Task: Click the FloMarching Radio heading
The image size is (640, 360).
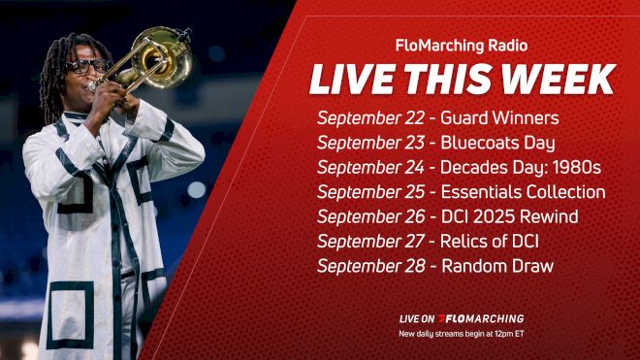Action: click(x=461, y=46)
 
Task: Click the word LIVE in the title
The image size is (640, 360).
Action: click(x=348, y=80)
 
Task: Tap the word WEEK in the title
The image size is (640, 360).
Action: click(x=565, y=80)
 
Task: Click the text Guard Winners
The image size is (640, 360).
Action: click(x=499, y=119)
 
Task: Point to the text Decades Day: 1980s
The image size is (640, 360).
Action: click(x=514, y=168)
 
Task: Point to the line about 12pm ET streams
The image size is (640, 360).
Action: click(x=461, y=334)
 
